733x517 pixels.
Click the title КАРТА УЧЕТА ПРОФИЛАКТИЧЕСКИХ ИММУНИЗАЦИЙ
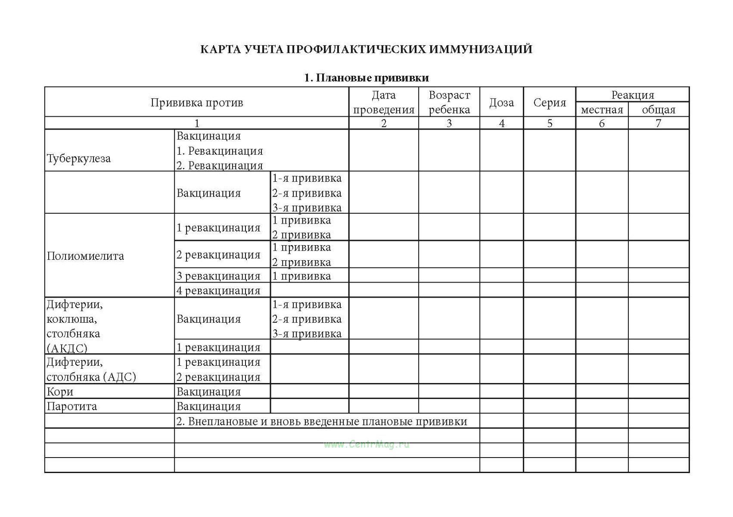366,49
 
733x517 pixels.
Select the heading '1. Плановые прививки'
366,78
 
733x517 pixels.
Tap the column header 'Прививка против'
197,103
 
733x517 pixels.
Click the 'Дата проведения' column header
383,103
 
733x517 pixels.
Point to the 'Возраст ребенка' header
449,103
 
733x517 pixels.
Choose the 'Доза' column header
501,103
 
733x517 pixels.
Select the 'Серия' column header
550,103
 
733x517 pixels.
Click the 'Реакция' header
632,95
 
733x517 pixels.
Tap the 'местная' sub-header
602,110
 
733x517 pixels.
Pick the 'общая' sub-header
658,110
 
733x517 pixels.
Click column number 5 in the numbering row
550,123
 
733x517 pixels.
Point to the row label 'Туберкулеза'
79,159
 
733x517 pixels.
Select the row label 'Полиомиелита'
85,256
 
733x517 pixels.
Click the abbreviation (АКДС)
67,348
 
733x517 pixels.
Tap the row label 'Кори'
60,392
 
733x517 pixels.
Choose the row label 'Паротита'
72,406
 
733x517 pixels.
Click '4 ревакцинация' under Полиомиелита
218,290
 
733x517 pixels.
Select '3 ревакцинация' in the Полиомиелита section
218,276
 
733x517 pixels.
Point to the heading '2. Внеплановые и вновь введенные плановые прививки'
322,421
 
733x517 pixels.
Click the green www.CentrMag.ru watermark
366,444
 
